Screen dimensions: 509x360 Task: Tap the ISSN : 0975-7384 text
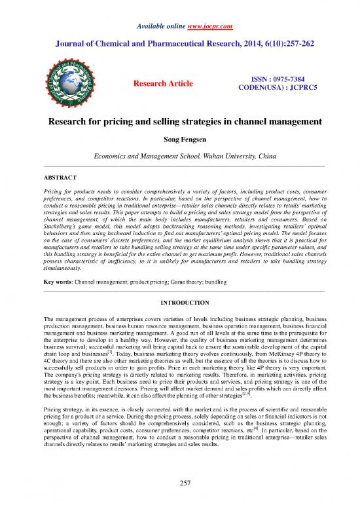point(272,79)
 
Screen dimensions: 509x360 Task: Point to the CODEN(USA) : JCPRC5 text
point(272,88)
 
